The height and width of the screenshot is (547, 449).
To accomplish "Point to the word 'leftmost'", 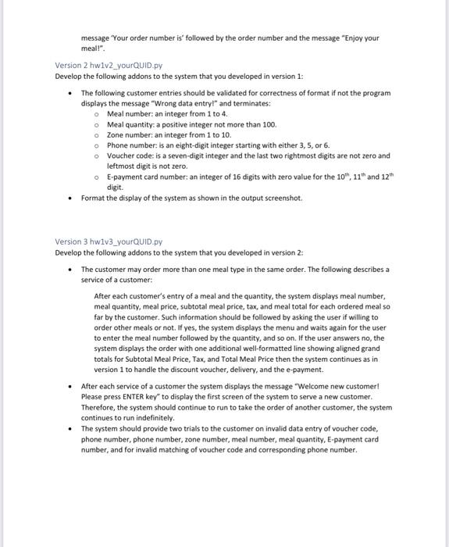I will click(122, 166).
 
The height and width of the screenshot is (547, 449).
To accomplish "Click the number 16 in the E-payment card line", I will click(230, 177).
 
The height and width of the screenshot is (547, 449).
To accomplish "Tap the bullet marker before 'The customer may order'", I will click(71, 269).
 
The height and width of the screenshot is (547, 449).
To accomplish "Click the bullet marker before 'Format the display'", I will click(71, 198).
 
